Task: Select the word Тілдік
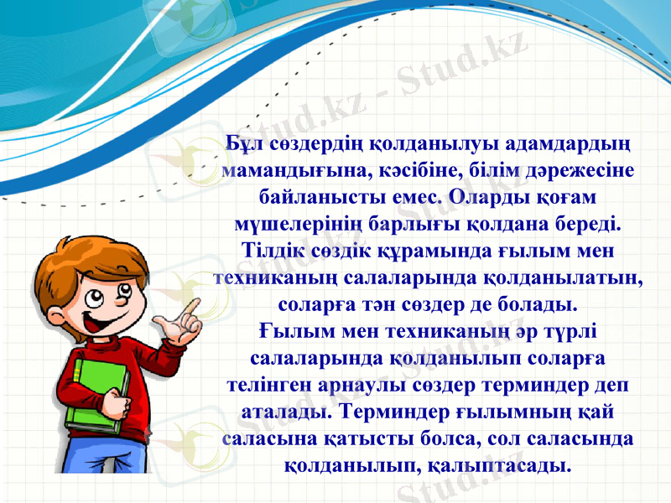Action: [x=267, y=251]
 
